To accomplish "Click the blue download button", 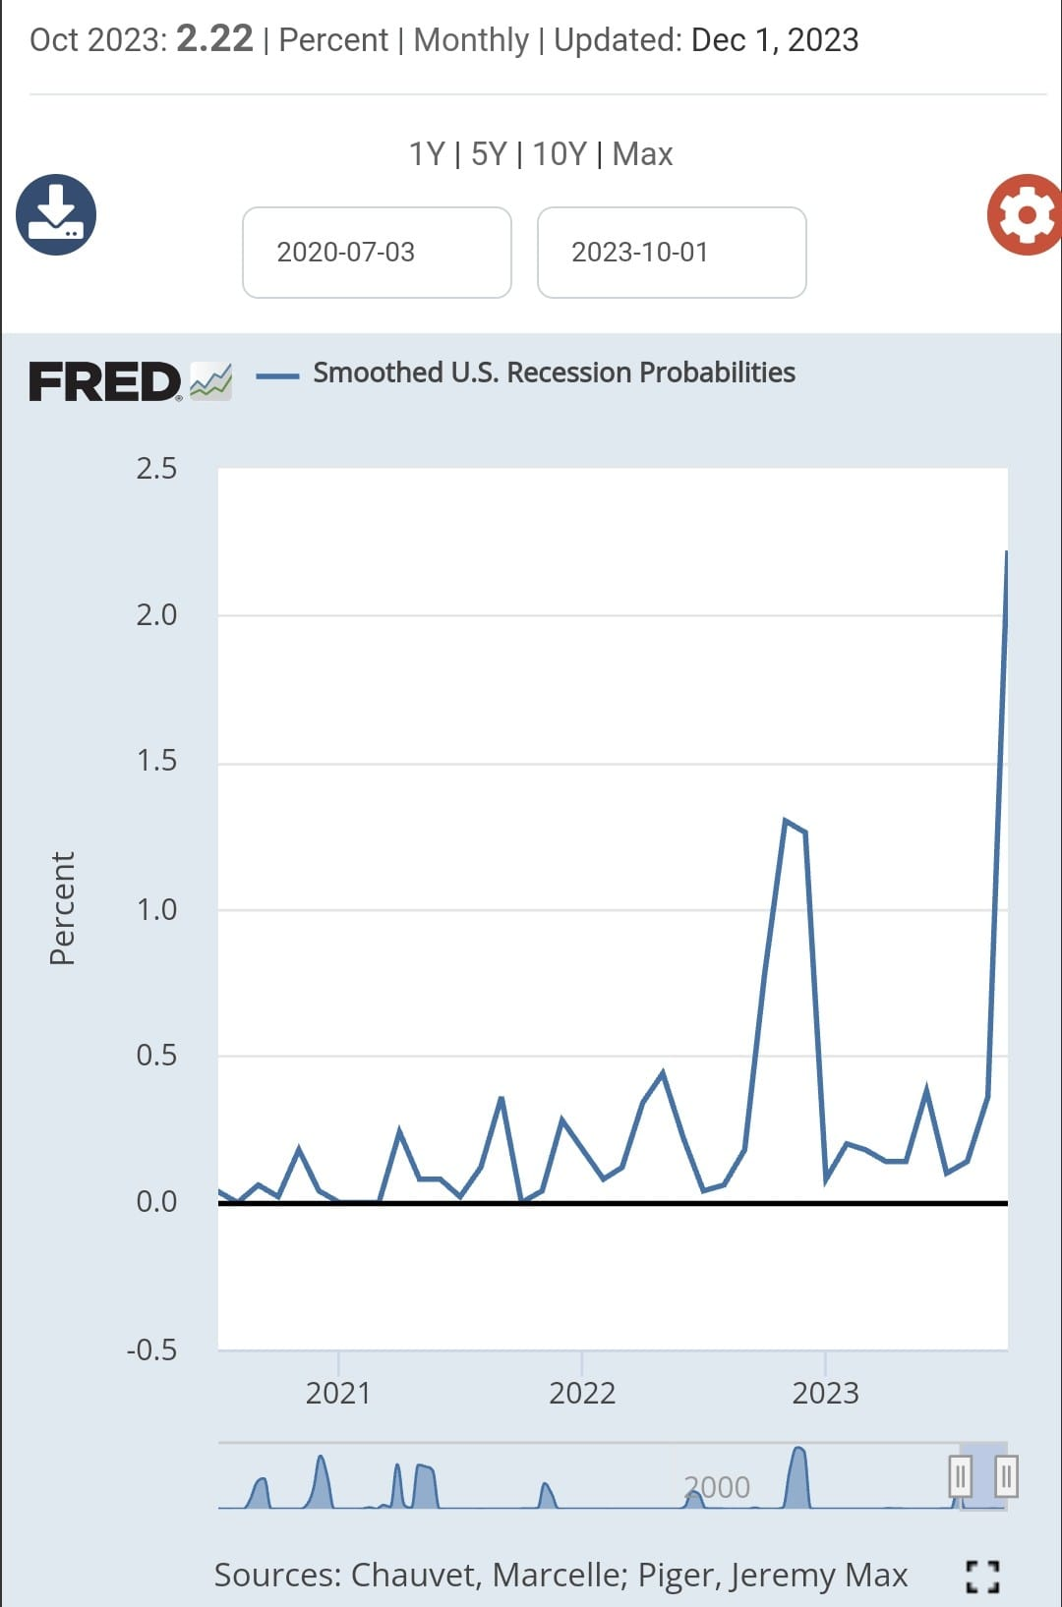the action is pos(56,214).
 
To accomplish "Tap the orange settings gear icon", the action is pos(1025,214).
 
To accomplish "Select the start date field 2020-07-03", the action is pos(377,252).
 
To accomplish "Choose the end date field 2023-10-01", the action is pos(672,252).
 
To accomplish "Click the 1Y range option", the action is pos(426,154).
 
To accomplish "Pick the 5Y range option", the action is pos(489,154).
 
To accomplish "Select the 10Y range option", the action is pos(560,154).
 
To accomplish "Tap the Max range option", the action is pos(642,154).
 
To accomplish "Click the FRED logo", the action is pos(130,381).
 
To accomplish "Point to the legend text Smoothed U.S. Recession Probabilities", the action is pos(554,373).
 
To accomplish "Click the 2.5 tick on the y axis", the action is pos(156,469).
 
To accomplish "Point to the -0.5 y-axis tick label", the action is pos(151,1350).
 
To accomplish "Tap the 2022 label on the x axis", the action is pos(582,1393).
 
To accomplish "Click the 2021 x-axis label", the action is pos(338,1393).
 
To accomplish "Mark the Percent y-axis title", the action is pos(62,908).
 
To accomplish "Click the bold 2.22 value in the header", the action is pos(214,38).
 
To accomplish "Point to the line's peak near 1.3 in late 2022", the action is pos(785,820).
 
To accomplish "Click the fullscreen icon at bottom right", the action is pos(982,1577).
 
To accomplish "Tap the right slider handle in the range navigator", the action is pos(1006,1477).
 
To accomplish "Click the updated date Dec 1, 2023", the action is pos(775,39).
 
